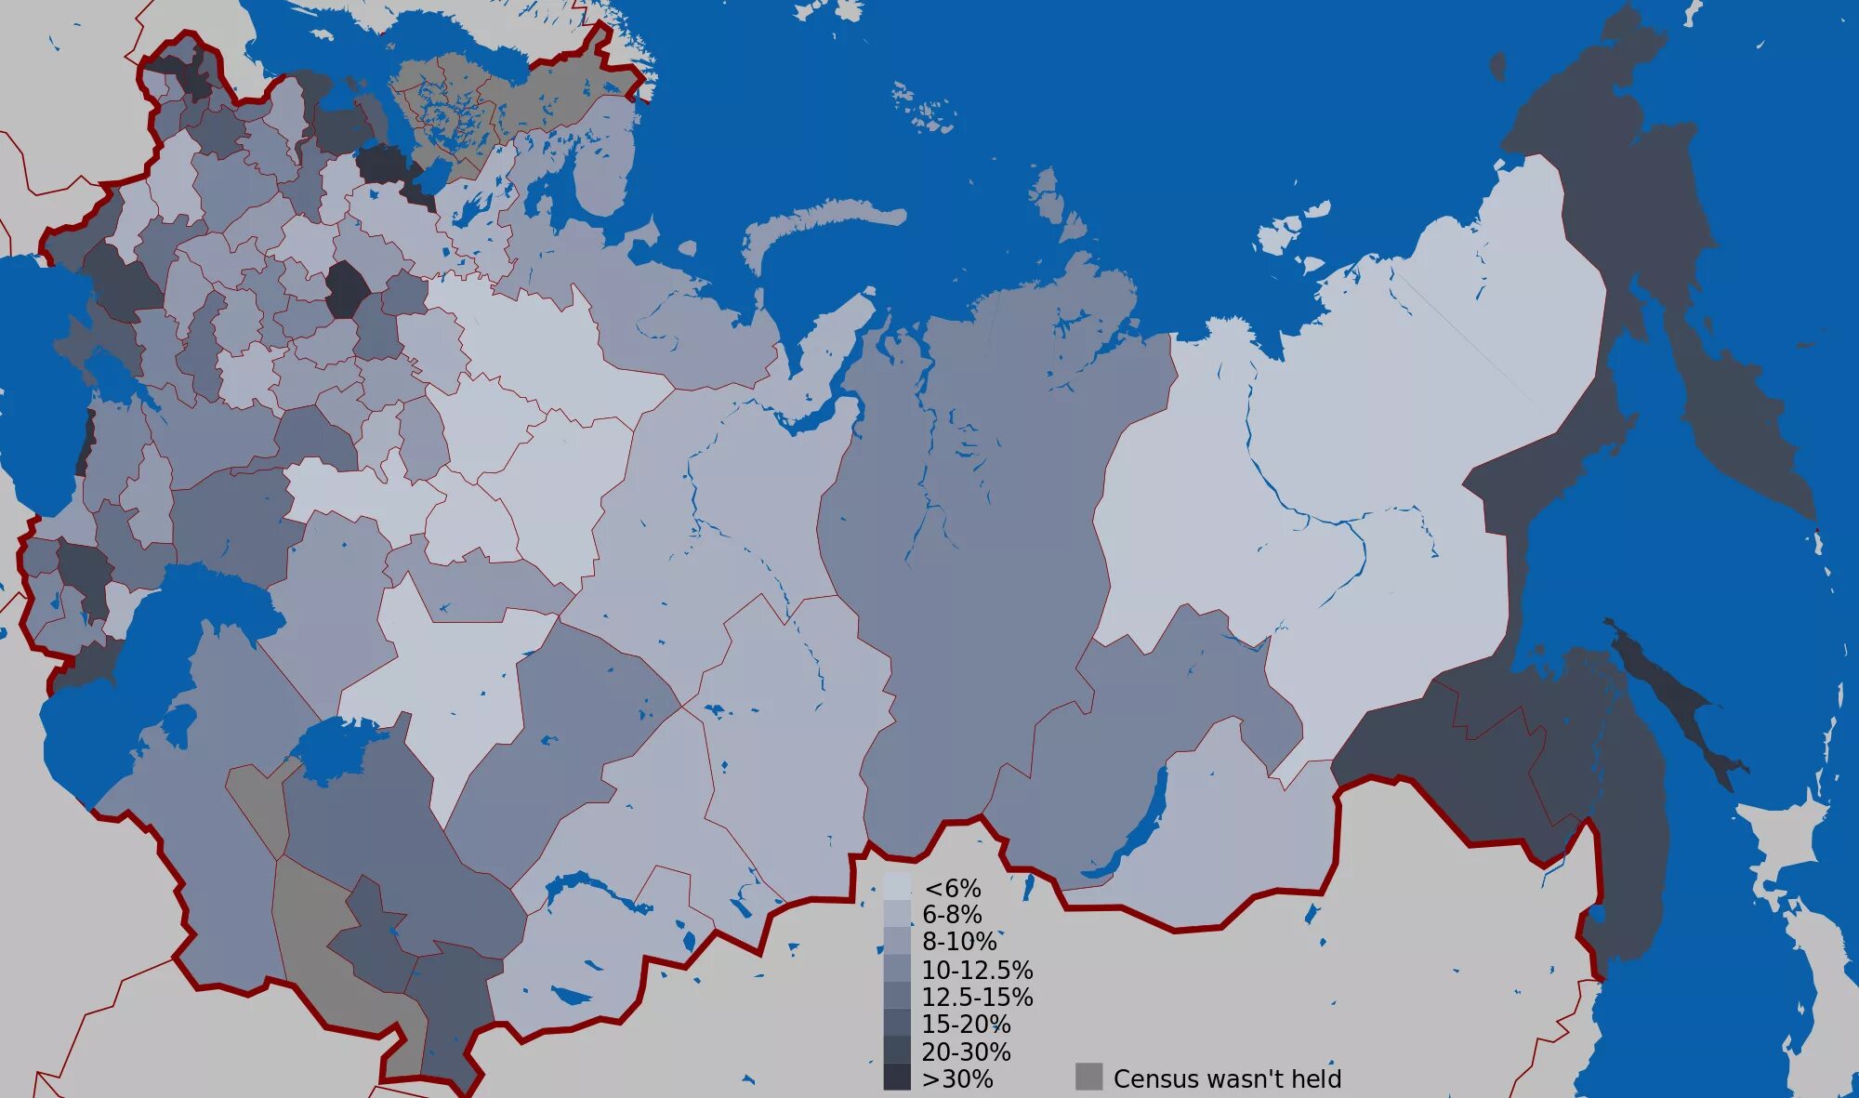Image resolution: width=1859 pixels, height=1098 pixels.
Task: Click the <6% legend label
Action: [x=952, y=889]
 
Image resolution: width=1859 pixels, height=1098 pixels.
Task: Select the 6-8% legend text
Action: [x=952, y=915]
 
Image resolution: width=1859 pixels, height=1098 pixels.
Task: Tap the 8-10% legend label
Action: [x=958, y=942]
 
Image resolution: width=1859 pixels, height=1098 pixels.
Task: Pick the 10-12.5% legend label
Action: [x=977, y=970]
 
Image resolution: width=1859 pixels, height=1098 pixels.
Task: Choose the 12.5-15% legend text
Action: [x=977, y=997]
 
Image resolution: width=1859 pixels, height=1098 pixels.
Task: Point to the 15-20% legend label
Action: [x=966, y=1025]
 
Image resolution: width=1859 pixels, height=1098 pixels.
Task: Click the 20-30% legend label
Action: [x=966, y=1052]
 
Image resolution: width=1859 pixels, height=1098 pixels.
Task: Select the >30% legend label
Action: [x=957, y=1078]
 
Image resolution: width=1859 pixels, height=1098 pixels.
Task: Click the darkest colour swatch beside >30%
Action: [x=897, y=1078]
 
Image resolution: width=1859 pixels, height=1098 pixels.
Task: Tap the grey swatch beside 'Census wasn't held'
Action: [x=1088, y=1077]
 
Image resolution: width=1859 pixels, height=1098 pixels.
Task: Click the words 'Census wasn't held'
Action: [x=1227, y=1078]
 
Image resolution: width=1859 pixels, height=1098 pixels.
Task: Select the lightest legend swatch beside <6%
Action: [x=897, y=887]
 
